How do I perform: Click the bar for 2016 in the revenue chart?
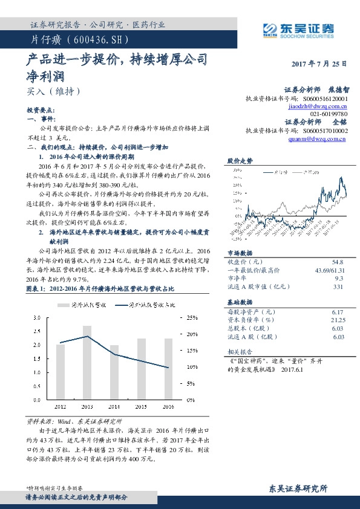[168, 369]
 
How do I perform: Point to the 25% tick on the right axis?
[191, 317]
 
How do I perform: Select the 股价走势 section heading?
[240, 161]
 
